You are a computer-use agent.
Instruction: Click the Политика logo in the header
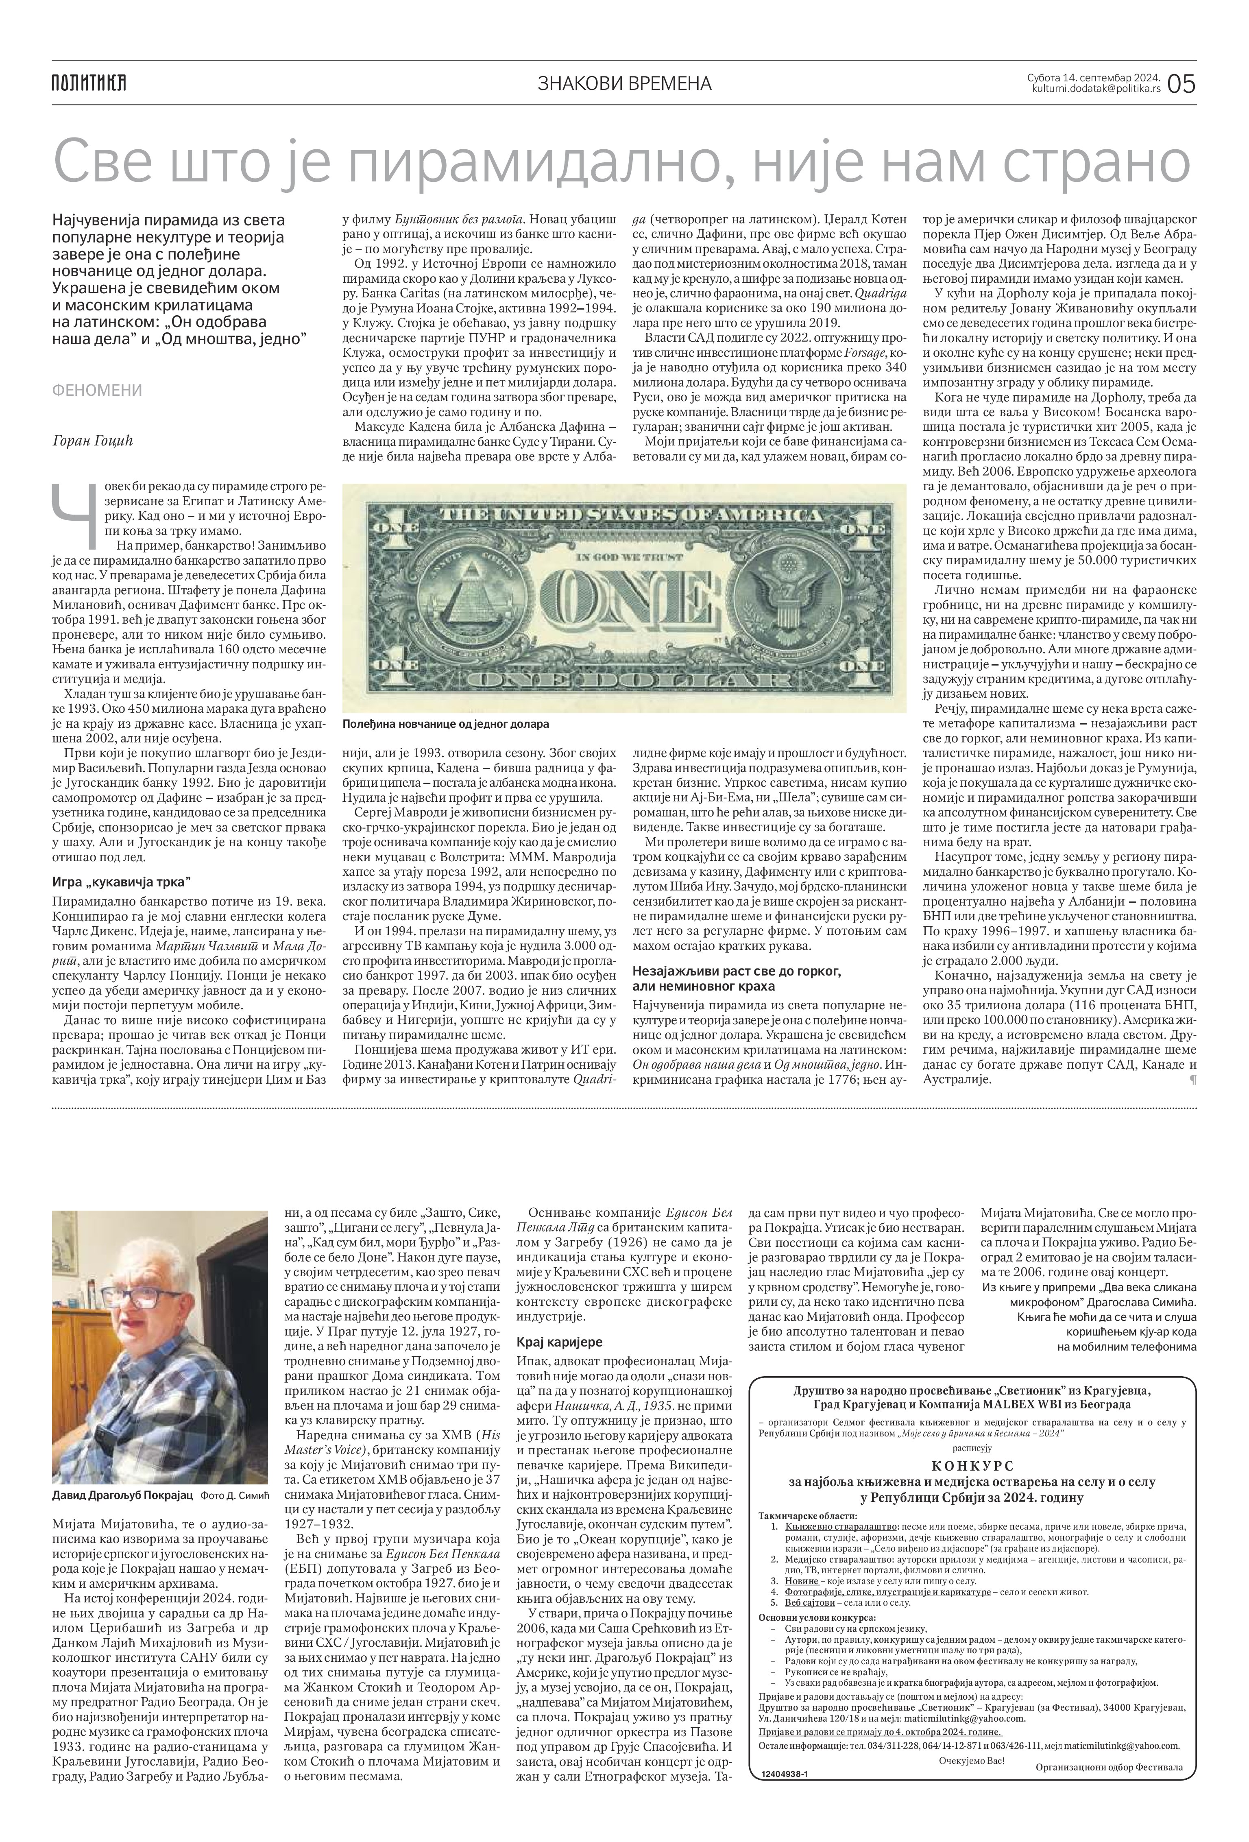point(89,83)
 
